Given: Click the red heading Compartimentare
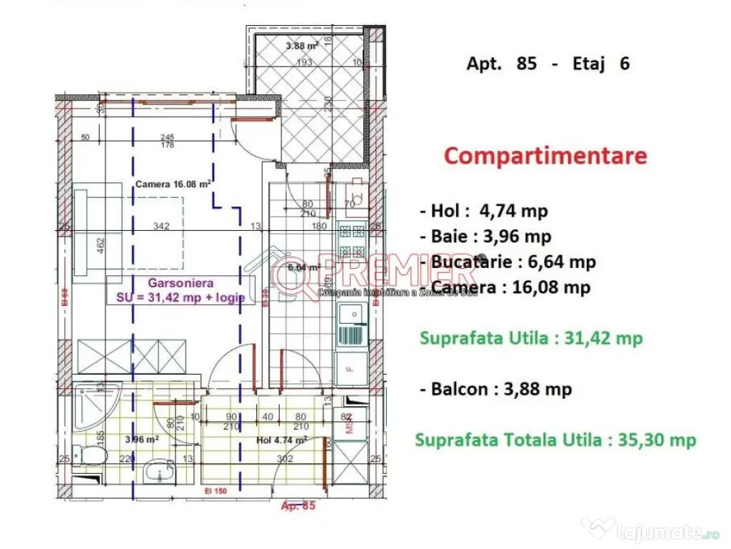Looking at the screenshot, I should [x=545, y=156].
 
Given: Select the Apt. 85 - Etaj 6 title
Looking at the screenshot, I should [x=548, y=64].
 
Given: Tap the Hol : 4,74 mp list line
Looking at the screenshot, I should [x=483, y=212].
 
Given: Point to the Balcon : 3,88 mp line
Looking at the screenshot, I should [x=495, y=390].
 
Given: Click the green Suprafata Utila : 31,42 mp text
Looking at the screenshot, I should [x=531, y=338].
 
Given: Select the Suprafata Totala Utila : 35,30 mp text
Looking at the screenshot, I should [x=555, y=440].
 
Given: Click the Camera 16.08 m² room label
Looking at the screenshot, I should [x=172, y=184].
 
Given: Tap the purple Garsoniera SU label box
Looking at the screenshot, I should [x=180, y=291].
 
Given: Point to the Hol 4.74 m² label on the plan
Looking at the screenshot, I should [x=281, y=440].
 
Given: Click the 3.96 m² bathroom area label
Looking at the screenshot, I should [x=141, y=440].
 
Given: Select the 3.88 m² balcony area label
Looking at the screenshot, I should [x=301, y=47].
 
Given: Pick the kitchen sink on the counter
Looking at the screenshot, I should [x=353, y=315].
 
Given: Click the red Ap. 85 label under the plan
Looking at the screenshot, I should [x=298, y=505].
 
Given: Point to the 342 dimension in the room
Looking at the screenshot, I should [x=161, y=227].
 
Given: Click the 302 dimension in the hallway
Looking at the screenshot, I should [x=285, y=460].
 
